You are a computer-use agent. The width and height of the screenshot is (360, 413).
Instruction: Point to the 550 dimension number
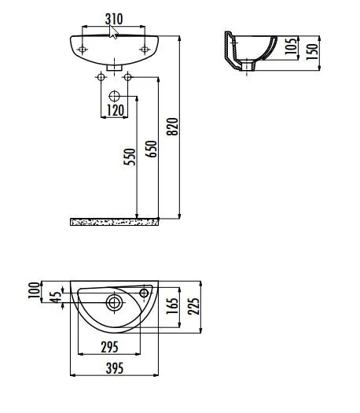point(130,157)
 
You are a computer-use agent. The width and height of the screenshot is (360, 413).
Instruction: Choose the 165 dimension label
point(171,307)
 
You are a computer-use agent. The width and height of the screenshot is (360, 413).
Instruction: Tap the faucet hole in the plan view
point(145,293)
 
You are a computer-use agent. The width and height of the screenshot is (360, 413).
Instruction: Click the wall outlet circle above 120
point(115,94)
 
